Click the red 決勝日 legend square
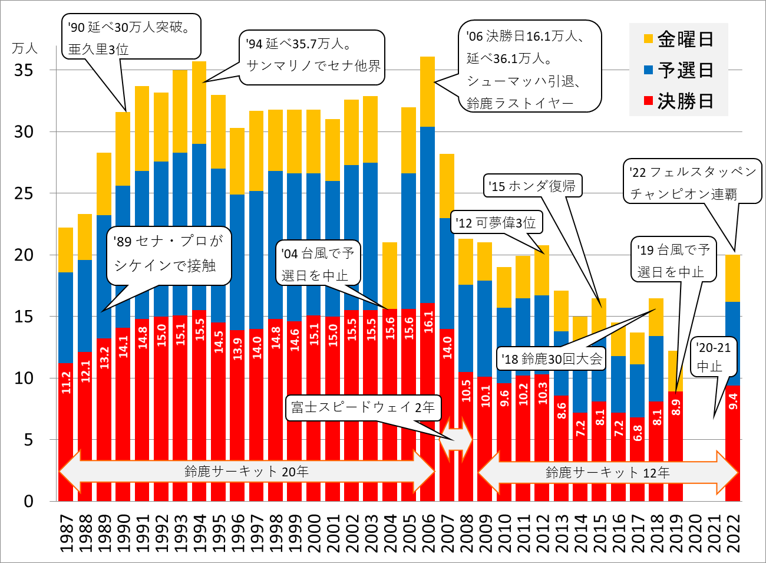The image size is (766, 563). tap(648, 101)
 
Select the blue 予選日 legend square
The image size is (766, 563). tap(648, 70)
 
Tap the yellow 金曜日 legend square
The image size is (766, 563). tap(648, 39)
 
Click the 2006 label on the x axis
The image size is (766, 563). tap(427, 534)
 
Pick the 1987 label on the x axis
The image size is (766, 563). tap(66, 534)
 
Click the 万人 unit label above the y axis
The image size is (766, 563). tap(24, 48)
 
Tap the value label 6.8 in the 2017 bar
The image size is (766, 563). tap(637, 432)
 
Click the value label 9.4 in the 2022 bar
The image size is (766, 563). tap(732, 401)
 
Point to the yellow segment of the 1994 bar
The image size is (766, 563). tap(199, 102)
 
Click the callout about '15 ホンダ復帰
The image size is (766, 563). tap(533, 186)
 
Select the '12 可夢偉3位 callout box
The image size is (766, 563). tap(496, 223)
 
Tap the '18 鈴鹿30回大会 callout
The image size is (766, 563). tap(552, 358)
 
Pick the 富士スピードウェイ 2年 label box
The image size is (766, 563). tap(363, 407)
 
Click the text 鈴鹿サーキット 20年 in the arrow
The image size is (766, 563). tap(246, 472)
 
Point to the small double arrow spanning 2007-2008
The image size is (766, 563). tap(456, 440)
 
